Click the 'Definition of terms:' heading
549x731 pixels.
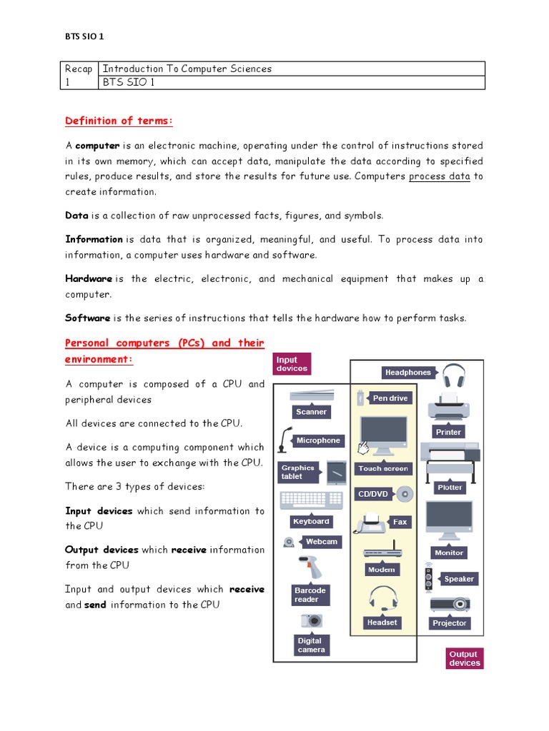pyautogui.click(x=119, y=121)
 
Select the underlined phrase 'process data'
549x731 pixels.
pyautogui.click(x=439, y=176)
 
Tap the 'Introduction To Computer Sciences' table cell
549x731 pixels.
pyautogui.click(x=187, y=69)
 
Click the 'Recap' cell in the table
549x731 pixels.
pyautogui.click(x=79, y=69)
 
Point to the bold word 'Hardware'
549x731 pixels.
pyautogui.click(x=89, y=279)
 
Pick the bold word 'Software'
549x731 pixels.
pyautogui.click(x=88, y=318)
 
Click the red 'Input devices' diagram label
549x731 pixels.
pyautogui.click(x=292, y=364)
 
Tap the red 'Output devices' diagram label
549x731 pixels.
pyautogui.click(x=465, y=658)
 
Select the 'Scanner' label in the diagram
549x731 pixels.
pyautogui.click(x=311, y=412)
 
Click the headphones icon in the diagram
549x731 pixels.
pyautogui.click(x=453, y=375)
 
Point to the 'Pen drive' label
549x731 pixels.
pyautogui.click(x=390, y=398)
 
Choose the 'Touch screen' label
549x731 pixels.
pyautogui.click(x=383, y=469)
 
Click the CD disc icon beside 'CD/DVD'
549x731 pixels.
pyautogui.click(x=405, y=493)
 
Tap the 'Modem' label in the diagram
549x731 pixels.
pyautogui.click(x=381, y=570)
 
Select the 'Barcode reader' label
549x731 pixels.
pyautogui.click(x=310, y=595)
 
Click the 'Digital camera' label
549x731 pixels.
pyautogui.click(x=311, y=645)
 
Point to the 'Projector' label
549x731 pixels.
pyautogui.click(x=449, y=623)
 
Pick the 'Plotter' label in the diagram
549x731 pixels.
pyautogui.click(x=450, y=488)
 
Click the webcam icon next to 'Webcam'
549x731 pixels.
pyautogui.click(x=289, y=542)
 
